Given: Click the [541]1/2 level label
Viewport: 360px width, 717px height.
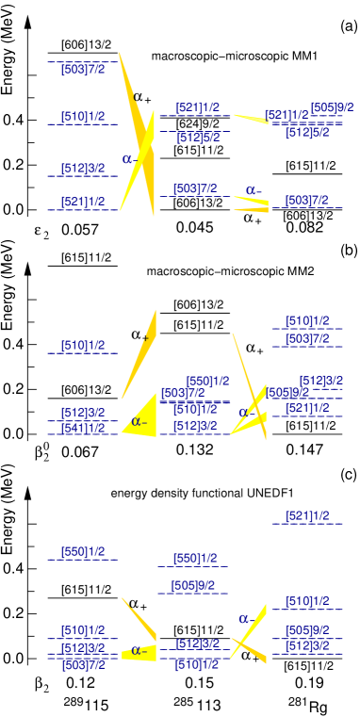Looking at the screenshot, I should tap(83, 429).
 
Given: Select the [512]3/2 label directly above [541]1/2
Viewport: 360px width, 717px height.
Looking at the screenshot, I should tap(83, 413).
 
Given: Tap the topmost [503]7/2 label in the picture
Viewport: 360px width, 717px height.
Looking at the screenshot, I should tap(83, 69).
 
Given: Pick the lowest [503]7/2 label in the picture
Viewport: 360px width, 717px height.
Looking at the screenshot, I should tap(83, 665).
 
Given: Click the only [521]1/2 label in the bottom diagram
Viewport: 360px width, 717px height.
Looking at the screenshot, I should tap(307, 516).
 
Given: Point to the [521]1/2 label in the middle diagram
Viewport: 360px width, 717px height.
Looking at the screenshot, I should tap(307, 408).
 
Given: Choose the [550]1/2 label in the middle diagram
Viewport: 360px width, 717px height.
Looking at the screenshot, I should tap(207, 382).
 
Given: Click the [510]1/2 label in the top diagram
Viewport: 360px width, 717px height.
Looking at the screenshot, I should tap(83, 117).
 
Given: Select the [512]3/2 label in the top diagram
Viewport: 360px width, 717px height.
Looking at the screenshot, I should tap(83, 169).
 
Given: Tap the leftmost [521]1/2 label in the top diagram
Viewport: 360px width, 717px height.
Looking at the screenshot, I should tap(83, 202).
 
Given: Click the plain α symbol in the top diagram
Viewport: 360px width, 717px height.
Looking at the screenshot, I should tap(127, 159).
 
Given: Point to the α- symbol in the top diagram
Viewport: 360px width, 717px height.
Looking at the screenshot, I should tap(254, 190).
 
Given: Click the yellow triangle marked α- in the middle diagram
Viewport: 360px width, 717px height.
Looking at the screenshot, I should tap(141, 419).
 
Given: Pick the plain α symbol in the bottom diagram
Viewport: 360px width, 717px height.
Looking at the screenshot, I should tap(243, 619).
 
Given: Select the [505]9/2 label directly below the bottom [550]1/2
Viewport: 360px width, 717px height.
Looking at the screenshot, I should tap(192, 585).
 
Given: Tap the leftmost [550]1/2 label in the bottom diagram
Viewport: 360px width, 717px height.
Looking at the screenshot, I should tap(83, 552).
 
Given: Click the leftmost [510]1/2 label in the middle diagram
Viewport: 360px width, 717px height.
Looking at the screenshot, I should tap(83, 346).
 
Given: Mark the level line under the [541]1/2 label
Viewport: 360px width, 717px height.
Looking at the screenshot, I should tap(83, 434).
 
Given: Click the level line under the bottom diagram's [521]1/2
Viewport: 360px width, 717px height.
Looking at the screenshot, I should tap(307, 524).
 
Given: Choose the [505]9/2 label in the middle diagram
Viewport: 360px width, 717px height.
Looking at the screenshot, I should tap(288, 393).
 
